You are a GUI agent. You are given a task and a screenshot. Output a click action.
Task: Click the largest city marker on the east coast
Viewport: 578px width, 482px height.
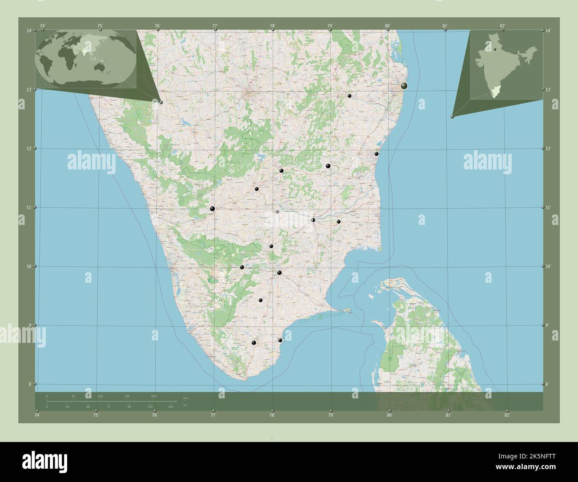tap(404, 86)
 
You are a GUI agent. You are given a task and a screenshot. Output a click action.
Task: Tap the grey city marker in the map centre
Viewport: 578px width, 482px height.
tap(277, 212)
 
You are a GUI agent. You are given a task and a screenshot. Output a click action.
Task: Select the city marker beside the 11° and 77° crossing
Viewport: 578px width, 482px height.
tap(213, 209)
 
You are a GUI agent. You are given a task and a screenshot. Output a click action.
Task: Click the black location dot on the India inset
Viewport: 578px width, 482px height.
tap(494, 49)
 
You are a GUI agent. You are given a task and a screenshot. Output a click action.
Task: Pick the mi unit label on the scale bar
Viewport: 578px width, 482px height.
tap(185, 406)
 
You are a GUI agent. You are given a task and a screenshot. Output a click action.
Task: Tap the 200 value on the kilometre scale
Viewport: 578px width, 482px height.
tap(154, 396)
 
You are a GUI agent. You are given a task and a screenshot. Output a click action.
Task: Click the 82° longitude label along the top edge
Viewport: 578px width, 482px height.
tap(502, 26)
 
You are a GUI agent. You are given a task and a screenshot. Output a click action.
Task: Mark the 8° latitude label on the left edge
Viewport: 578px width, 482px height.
tap(29, 384)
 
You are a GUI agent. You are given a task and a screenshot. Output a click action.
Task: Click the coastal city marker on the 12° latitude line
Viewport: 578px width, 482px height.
tap(377, 154)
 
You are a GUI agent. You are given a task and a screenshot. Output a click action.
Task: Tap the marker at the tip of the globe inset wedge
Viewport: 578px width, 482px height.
tap(161, 102)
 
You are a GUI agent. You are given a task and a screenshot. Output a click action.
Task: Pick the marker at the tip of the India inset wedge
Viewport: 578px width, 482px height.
tap(452, 116)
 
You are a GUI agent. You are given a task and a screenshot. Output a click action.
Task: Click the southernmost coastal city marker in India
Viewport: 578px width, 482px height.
tap(280, 340)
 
